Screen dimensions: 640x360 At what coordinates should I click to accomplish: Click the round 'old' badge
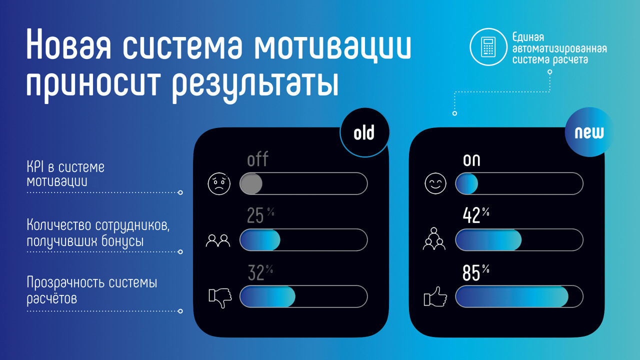pos(364,132)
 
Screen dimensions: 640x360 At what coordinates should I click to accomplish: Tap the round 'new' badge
pos(589,132)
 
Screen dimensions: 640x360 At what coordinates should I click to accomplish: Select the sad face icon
pos(219,183)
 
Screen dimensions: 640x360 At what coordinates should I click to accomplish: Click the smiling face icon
pos(435,183)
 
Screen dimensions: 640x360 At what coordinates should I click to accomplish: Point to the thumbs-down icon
pos(220,297)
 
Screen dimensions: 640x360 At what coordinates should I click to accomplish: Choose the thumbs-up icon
pos(435,297)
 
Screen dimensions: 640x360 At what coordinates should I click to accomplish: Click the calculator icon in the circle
pos(488,47)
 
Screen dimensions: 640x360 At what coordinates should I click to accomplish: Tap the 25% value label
pos(260,215)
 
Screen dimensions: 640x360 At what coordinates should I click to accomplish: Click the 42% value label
pos(476,215)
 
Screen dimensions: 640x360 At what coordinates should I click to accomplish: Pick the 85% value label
pos(476,272)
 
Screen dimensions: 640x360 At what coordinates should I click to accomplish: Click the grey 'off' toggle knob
pos(251,183)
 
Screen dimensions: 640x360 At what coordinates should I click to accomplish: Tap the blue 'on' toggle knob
pos(467,183)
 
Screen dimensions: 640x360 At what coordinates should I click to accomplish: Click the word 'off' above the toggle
pos(257,159)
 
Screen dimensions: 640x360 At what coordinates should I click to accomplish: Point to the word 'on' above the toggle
pos(471,160)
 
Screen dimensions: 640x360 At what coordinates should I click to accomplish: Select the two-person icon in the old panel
pos(218,240)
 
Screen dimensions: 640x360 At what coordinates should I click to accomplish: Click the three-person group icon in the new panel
pos(434,238)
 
